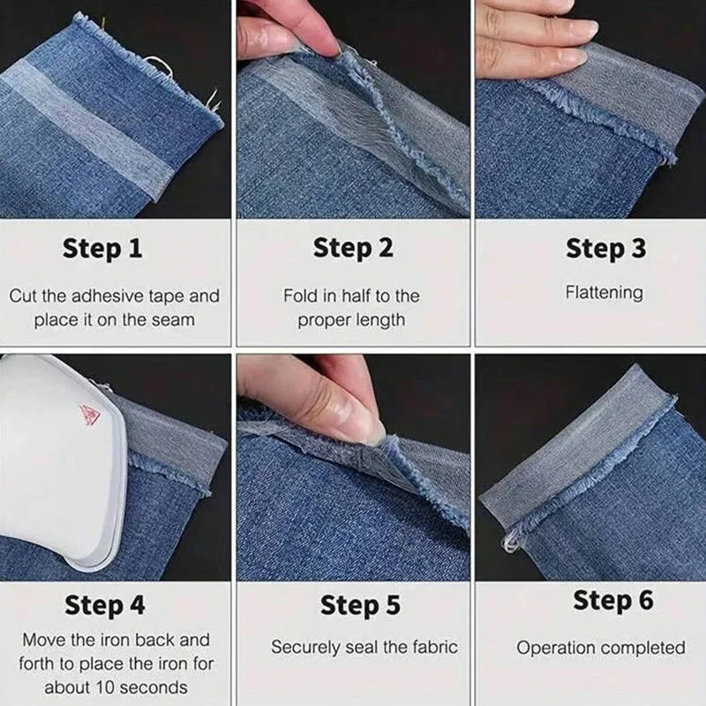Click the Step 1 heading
[102, 248]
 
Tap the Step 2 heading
[353, 248]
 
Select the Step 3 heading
[605, 248]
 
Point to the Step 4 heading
[104, 605]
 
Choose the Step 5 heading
[359, 605]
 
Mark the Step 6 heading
[612, 600]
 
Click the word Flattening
[605, 292]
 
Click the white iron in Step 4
[53, 459]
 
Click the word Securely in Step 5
[304, 647]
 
